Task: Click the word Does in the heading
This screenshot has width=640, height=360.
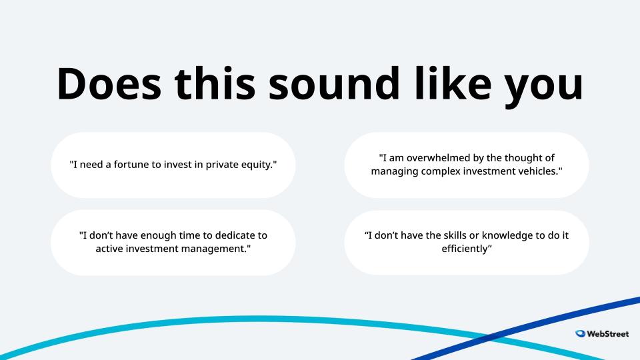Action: [109, 84]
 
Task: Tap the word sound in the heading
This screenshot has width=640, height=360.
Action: [334, 84]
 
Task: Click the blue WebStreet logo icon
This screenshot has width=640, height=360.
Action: [580, 333]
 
